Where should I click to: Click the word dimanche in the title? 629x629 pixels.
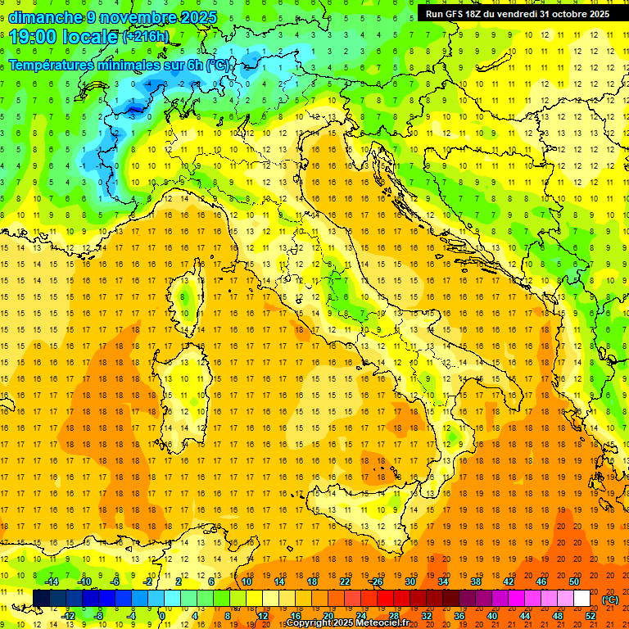(x=44, y=17)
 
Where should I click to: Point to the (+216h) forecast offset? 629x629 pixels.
(x=147, y=37)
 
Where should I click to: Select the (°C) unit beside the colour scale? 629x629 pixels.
(x=610, y=600)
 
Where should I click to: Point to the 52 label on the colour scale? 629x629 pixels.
(x=591, y=616)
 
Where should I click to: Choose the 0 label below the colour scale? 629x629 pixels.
(x=161, y=616)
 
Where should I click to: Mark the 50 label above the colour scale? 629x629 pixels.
(x=574, y=581)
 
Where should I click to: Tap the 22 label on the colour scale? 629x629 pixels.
(x=345, y=581)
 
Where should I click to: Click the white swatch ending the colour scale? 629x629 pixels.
(x=582, y=599)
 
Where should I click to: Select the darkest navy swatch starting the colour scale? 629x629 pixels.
(x=41, y=599)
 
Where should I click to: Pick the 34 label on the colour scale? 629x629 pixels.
(x=443, y=581)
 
